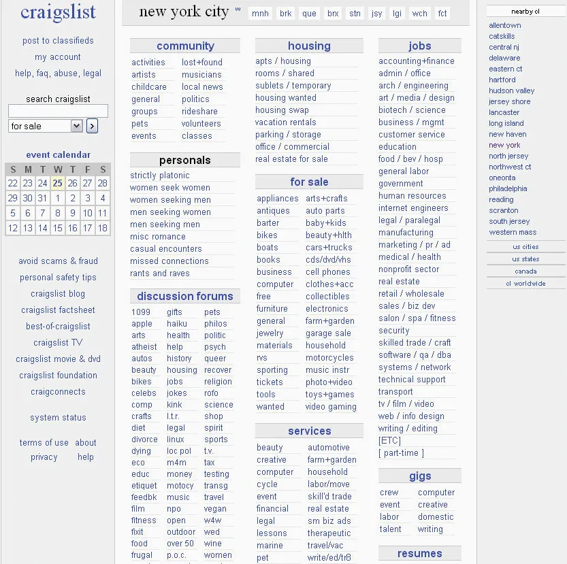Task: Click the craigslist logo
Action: coord(58,12)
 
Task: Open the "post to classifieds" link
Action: coord(58,41)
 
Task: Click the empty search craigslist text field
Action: coord(58,111)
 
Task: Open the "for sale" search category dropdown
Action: coord(46,126)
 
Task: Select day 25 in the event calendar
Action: coord(57,183)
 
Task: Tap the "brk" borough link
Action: coord(286,14)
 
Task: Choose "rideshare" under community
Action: coord(199,112)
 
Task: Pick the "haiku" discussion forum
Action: coord(176,324)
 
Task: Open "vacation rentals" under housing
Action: coord(285,122)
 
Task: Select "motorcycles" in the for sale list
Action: coord(329,358)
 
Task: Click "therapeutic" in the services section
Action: coord(329,533)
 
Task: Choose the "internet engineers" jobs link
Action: coord(413,208)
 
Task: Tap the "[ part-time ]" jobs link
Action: coord(401,453)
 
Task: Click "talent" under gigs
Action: coord(390,529)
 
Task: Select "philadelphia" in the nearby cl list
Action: coord(508,188)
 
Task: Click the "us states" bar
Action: coord(525,259)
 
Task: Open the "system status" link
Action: coord(58,418)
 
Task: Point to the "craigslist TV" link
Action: coord(58,343)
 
